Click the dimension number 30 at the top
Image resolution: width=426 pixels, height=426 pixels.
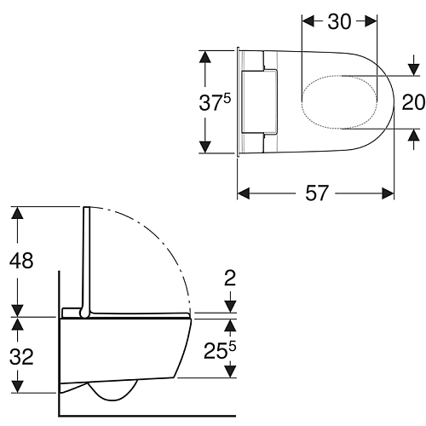coord(339,21)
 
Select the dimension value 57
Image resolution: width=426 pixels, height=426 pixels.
coord(317,193)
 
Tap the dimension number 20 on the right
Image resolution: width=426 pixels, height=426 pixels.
coord(413,102)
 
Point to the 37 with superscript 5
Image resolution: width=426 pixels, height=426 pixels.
coord(215,102)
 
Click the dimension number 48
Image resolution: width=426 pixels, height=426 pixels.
coord(21,261)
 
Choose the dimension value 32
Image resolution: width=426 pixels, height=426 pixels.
coord(21,357)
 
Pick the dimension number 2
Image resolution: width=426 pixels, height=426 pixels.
coord(230,278)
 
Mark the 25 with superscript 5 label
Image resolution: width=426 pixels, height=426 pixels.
coord(220,350)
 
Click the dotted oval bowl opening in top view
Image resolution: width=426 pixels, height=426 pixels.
coord(340,76)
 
